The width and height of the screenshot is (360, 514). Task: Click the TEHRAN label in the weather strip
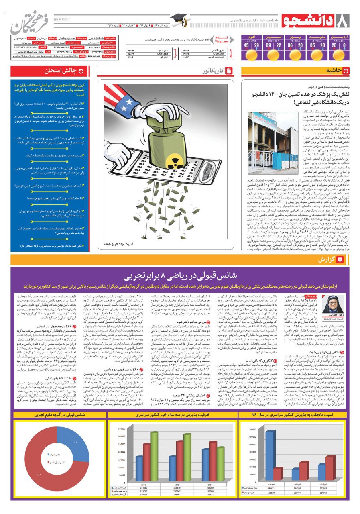(x=295, y=41)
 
